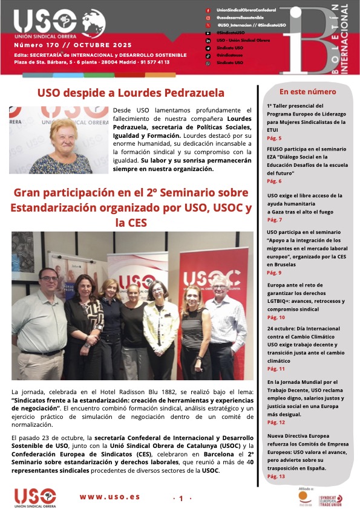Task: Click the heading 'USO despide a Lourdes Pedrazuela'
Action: (131, 93)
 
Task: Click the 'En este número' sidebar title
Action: (307, 92)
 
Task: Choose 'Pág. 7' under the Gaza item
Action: (274, 219)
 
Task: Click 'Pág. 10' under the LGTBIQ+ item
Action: (276, 317)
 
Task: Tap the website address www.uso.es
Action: (110, 497)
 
